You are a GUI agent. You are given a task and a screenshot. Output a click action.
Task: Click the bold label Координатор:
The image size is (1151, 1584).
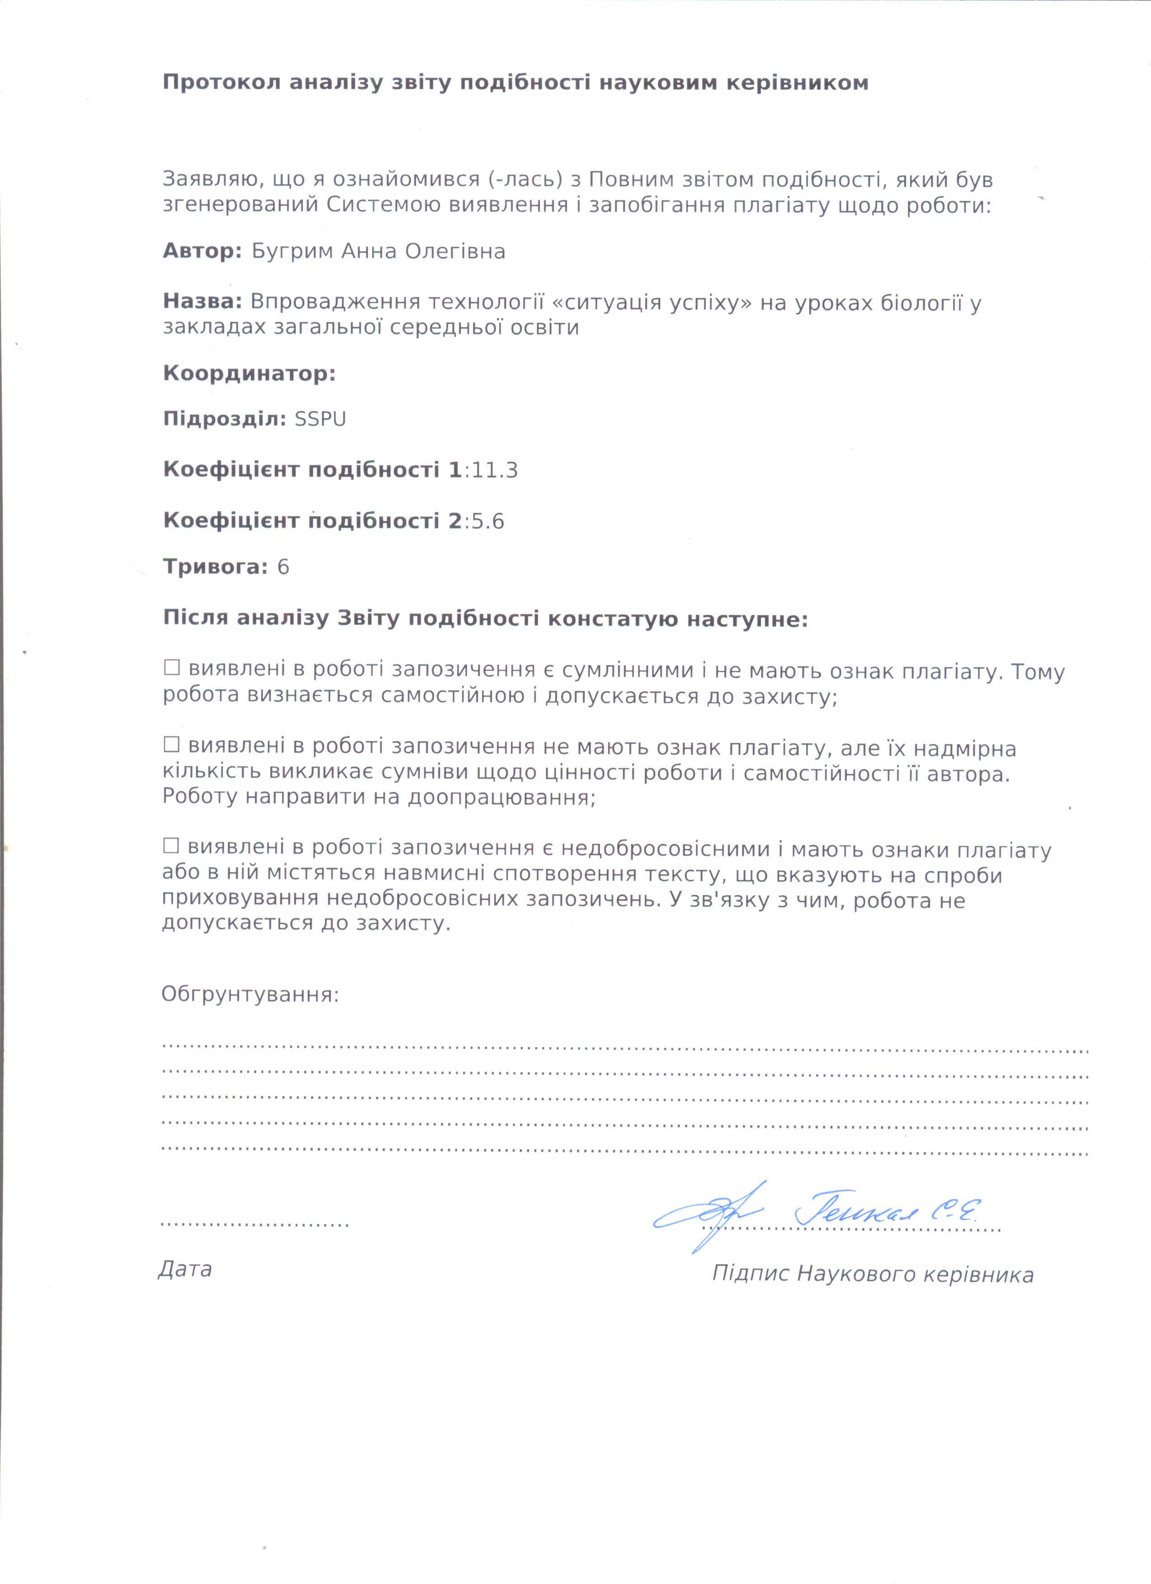pyautogui.click(x=249, y=374)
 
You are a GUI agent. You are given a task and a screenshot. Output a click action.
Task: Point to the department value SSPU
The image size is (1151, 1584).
pyautogui.click(x=320, y=419)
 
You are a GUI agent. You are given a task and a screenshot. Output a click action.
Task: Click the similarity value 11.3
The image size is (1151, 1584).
pyautogui.click(x=495, y=470)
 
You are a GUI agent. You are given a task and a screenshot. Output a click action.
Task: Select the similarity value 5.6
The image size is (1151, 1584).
pyautogui.click(x=487, y=521)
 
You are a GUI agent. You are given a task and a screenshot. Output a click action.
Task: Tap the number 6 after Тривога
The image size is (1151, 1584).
pyautogui.click(x=283, y=566)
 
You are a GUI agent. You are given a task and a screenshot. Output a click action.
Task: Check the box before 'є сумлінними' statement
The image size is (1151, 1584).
pyautogui.click(x=171, y=668)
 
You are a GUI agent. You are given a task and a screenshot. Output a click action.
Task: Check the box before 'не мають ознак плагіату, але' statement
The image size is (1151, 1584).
pyautogui.click(x=171, y=745)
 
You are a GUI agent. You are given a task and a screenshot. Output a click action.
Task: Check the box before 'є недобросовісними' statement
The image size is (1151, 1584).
pyautogui.click(x=171, y=846)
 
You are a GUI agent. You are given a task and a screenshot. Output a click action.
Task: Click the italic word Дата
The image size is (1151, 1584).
pyautogui.click(x=185, y=1269)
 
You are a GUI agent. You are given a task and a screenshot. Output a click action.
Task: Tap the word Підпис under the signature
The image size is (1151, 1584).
pyautogui.click(x=751, y=1274)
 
